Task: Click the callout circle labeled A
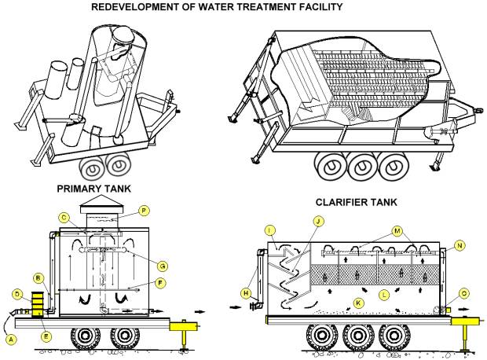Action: coord(9,339)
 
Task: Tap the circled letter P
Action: coord(144,211)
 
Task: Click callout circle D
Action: coord(17,295)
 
